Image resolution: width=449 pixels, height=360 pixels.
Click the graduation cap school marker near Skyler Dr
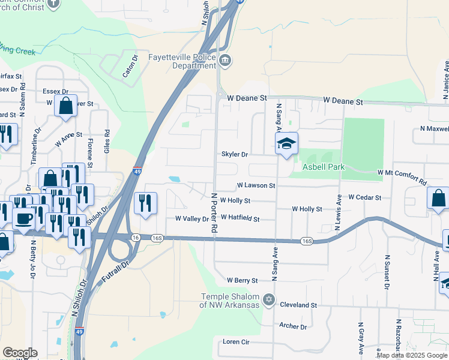point(287,144)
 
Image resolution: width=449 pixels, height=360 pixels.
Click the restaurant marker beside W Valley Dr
point(145,204)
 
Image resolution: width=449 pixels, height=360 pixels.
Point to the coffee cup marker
point(23,219)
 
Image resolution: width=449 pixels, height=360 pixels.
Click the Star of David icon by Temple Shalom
point(269,299)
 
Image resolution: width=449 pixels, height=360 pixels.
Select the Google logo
point(20,353)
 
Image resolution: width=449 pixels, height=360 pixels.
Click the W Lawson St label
point(256,186)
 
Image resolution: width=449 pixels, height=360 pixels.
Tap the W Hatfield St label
point(240,218)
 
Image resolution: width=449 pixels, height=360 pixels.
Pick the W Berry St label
point(242,280)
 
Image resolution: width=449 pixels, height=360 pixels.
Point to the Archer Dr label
point(293,326)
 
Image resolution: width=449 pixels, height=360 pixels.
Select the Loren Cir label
point(236,341)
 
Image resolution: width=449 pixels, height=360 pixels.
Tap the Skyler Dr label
point(235,154)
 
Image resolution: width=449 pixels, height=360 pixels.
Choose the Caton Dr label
point(130,67)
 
